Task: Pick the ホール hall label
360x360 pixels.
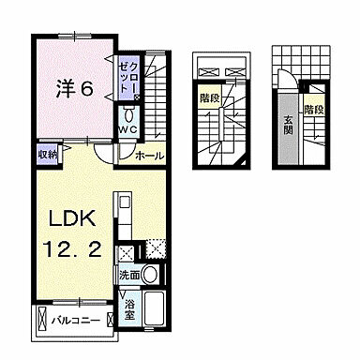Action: coord(148,155)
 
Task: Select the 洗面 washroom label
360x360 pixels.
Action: coord(129,276)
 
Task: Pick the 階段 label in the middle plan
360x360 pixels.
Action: coord(211,96)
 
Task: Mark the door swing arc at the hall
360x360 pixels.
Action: coord(122,156)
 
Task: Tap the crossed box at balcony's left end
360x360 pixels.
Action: coord(43,320)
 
